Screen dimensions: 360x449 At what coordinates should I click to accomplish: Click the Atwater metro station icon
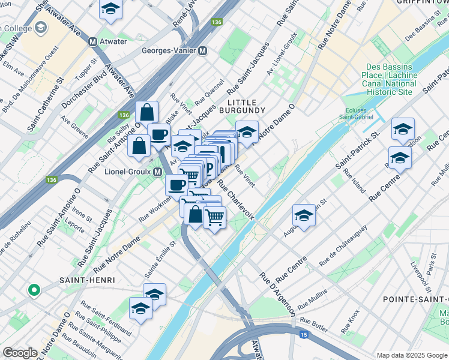coord(93,42)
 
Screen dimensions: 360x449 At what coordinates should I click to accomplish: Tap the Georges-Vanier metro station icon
coord(203,52)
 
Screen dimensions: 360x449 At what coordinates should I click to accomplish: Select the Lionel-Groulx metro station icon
coord(157,172)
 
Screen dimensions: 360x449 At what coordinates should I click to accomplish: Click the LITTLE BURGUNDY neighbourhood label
coord(242,106)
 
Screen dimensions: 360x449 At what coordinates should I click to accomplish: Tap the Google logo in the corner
coord(20,353)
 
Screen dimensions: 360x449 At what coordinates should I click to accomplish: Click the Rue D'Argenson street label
coord(277,294)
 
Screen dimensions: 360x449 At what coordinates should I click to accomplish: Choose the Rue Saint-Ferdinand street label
coord(106,327)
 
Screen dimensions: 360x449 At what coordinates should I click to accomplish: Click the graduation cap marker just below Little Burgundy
coord(247,131)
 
